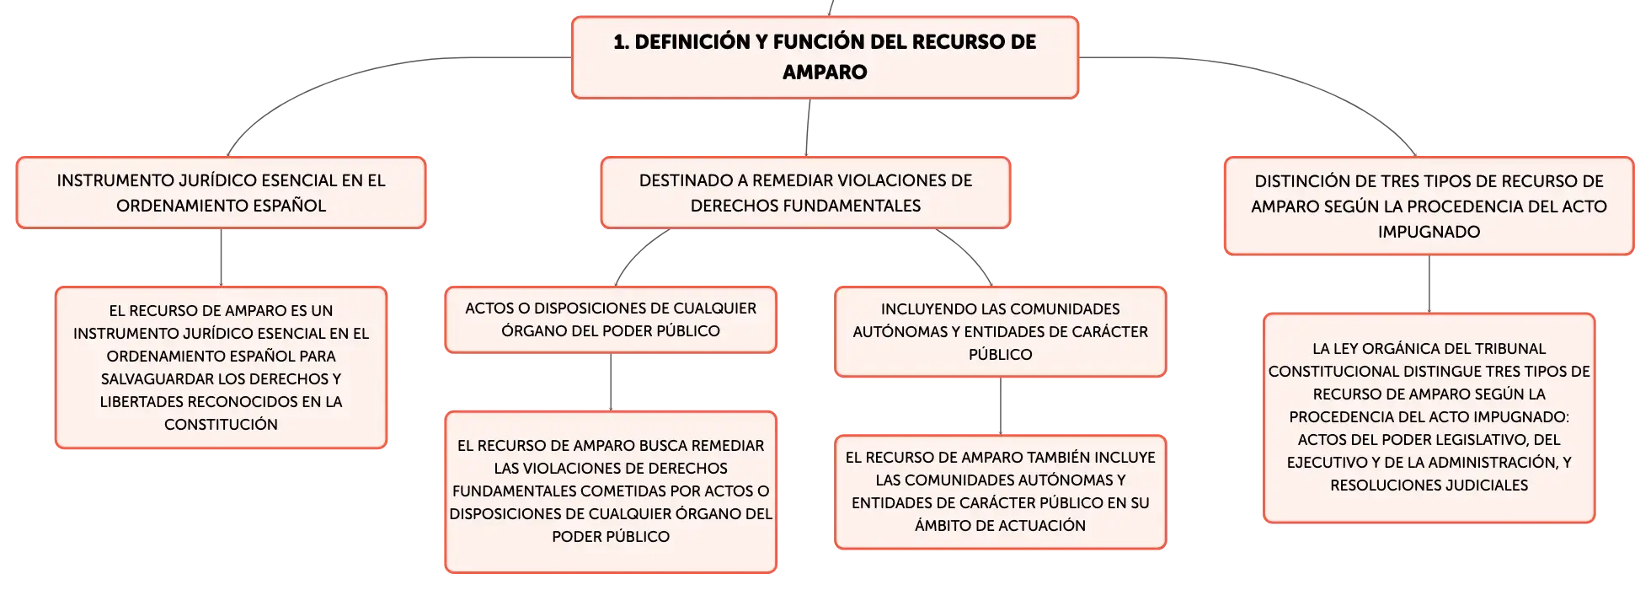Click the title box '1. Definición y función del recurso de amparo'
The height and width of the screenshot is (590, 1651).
(825, 57)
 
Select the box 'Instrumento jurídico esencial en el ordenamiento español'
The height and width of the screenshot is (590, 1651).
(221, 192)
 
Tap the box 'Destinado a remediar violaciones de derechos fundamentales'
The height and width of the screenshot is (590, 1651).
(805, 192)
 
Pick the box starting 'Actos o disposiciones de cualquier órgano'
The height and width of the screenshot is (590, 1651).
(611, 319)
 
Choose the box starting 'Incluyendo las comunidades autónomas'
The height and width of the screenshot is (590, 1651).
(1001, 331)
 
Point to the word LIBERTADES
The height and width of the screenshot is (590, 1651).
(142, 402)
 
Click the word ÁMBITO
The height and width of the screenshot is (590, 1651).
(942, 526)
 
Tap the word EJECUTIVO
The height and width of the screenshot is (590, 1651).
(1326, 463)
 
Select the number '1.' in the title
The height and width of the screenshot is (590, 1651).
(621, 42)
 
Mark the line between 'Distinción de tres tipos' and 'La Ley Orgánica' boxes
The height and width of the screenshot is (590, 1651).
(1429, 284)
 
